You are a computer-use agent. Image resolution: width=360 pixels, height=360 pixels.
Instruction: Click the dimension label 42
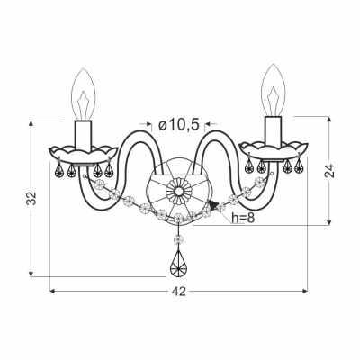pyautogui.click(x=179, y=291)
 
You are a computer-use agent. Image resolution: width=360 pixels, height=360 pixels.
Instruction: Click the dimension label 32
pyautogui.click(x=31, y=198)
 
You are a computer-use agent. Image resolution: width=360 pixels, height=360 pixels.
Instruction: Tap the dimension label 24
pyautogui.click(x=329, y=171)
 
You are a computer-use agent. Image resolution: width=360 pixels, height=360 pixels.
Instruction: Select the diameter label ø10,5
pyautogui.click(x=179, y=125)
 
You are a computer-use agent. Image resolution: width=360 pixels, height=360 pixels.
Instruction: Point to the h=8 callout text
pyautogui.click(x=243, y=218)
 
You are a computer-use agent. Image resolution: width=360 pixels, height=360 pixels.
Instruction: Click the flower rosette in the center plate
pyautogui.click(x=179, y=191)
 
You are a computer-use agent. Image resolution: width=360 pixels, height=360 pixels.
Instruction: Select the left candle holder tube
pyautogui.click(x=84, y=136)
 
